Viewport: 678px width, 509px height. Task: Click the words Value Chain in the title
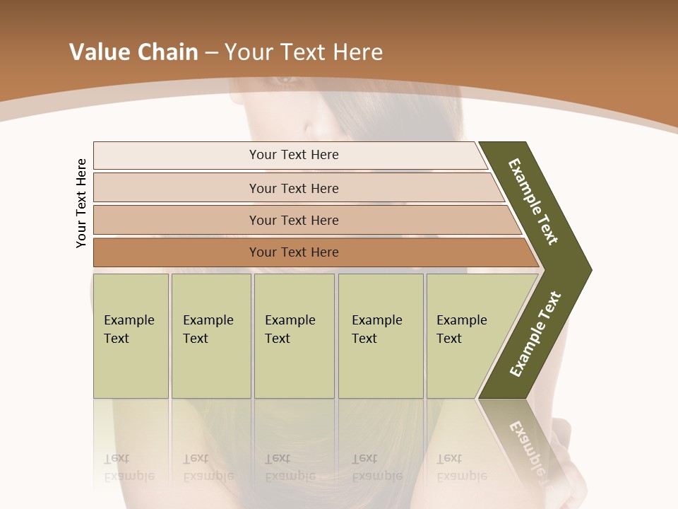coord(133,52)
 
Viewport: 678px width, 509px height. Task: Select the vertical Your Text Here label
coord(81,203)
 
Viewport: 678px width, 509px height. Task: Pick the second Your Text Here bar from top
coord(294,188)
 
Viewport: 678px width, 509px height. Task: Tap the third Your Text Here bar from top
coord(294,220)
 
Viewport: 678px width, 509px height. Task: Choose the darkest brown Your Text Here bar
coord(294,252)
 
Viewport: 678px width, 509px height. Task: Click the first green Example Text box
coord(131,336)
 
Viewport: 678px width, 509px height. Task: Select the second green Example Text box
coord(210,336)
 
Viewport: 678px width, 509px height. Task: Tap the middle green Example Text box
coord(294,336)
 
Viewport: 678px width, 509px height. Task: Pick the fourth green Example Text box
coord(380,336)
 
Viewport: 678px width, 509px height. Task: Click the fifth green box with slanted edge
coord(466,336)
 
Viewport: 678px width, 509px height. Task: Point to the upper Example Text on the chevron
coord(533,201)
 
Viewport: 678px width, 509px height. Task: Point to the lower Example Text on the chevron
coord(535,334)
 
